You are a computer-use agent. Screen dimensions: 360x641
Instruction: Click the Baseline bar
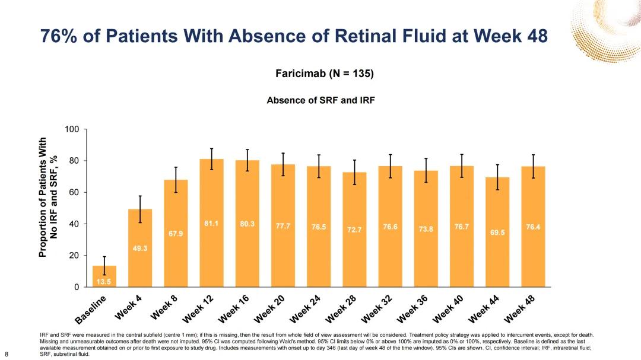coord(104,276)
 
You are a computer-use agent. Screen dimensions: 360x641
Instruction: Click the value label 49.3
coord(140,249)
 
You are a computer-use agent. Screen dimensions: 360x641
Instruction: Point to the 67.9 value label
coord(176,234)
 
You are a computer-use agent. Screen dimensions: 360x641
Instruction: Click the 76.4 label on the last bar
coord(533,227)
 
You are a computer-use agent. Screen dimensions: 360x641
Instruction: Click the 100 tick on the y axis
coord(72,129)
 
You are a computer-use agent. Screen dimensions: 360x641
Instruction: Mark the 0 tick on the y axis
coord(77,288)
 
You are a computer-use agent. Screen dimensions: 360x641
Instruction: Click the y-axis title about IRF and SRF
coord(49,197)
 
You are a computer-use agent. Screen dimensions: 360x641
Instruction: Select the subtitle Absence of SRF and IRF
coord(320,100)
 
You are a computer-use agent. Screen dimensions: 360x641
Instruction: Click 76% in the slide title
coord(60,36)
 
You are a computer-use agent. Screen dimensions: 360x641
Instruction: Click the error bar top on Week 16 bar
coord(247,149)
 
